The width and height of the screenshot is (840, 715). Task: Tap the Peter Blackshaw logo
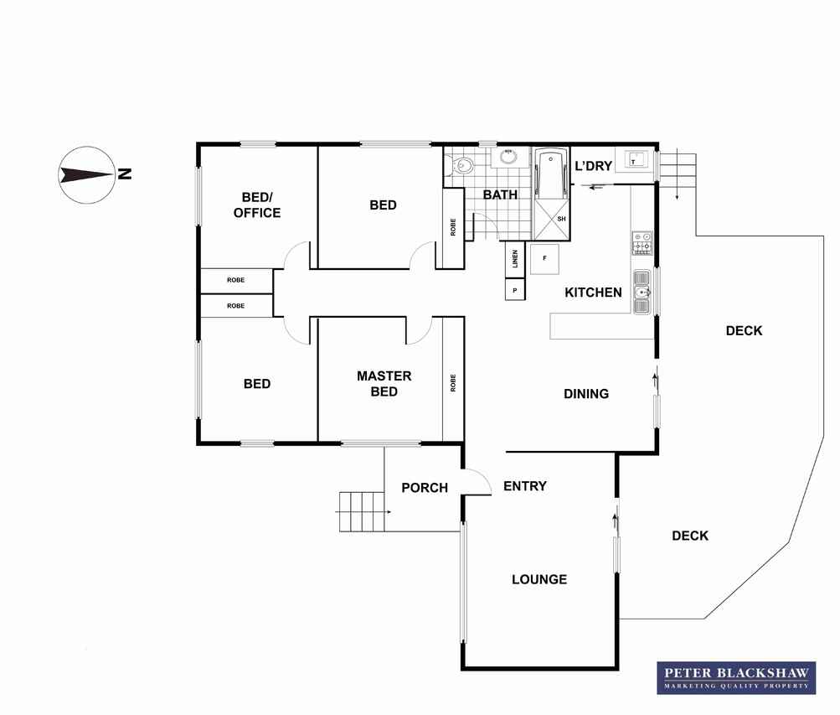point(736,677)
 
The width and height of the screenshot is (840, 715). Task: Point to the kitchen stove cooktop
point(642,242)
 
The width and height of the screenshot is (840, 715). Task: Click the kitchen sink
point(642,292)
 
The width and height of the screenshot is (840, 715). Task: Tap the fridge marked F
point(545,259)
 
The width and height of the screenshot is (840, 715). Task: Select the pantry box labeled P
point(515,290)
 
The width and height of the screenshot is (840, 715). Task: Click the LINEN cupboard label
point(515,259)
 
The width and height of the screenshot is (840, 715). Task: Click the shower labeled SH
point(551,220)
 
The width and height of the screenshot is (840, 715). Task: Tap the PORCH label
point(425,488)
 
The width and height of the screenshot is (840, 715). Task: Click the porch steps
point(362,512)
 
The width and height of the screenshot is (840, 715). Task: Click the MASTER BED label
point(384,384)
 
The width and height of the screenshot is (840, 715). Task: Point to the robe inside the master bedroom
point(453,381)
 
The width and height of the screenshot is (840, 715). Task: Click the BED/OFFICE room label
point(257,205)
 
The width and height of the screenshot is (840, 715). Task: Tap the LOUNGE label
point(539,579)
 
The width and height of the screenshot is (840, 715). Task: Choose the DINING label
point(586,394)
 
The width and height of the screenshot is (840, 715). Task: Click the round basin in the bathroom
point(506,157)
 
